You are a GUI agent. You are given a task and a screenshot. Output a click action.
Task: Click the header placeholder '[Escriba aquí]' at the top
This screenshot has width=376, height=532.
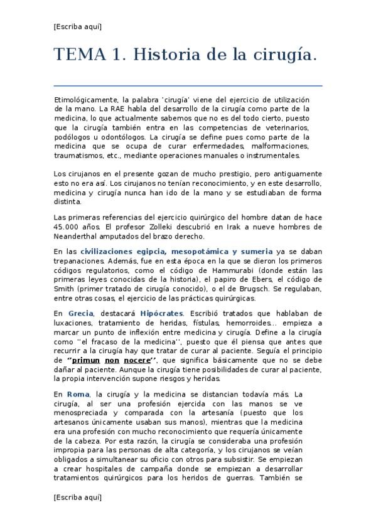coord(78,26)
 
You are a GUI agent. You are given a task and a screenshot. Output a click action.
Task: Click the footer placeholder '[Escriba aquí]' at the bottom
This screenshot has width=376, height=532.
coord(78,497)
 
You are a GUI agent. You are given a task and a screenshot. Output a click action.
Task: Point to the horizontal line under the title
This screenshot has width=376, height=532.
coord(188,85)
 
